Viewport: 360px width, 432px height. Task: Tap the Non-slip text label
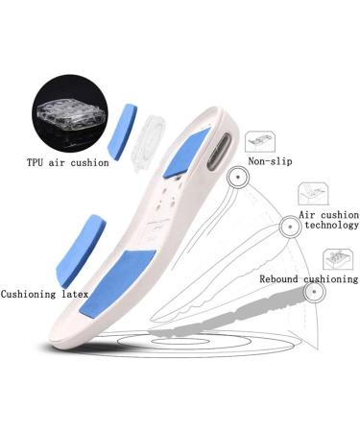tap(270, 162)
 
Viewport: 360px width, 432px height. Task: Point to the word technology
tap(326, 226)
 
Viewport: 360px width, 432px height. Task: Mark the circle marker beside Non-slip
tap(233, 178)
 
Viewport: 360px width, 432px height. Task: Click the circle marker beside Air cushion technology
tap(287, 227)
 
